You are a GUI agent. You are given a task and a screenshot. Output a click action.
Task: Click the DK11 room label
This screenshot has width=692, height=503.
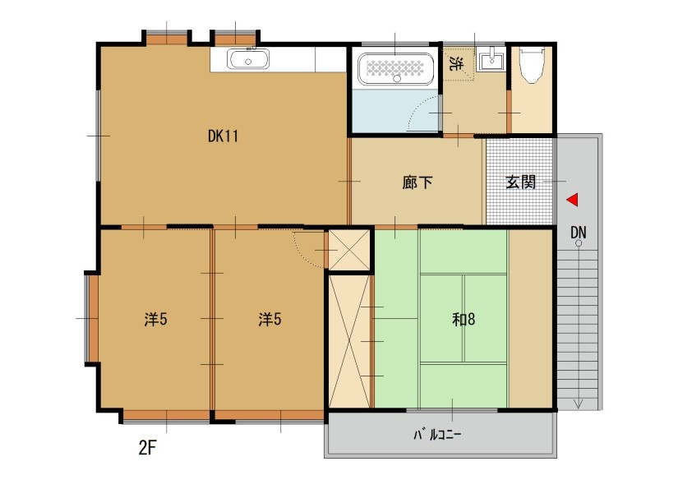(223, 136)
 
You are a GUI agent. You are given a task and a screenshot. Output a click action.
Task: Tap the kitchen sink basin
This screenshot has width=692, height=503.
(248, 59)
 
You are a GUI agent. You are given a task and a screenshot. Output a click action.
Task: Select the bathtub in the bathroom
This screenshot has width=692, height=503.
(395, 69)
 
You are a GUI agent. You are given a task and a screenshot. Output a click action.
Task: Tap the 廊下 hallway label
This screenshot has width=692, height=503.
(417, 182)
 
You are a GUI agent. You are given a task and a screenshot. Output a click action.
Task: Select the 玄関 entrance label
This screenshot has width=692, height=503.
(521, 182)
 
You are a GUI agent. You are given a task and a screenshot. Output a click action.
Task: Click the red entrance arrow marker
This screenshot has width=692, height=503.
(572, 200)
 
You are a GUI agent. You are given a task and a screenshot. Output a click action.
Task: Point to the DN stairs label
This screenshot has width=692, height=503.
(578, 232)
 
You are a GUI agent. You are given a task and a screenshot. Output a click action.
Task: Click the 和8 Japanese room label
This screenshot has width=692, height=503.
(464, 319)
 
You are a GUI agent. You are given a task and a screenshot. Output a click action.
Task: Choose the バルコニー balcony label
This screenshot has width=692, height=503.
(437, 435)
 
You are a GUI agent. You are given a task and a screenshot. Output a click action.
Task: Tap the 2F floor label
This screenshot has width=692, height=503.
(147, 448)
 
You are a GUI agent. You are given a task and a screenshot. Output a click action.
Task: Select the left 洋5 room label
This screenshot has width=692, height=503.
(155, 319)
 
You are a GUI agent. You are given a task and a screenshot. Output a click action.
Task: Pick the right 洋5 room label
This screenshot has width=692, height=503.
(270, 319)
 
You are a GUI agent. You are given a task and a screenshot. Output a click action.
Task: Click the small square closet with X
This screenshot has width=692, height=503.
(349, 250)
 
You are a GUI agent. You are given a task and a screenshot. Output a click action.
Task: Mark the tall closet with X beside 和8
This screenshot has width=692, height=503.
(349, 342)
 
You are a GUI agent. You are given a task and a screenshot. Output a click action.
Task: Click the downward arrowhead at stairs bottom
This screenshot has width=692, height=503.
(578, 404)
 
